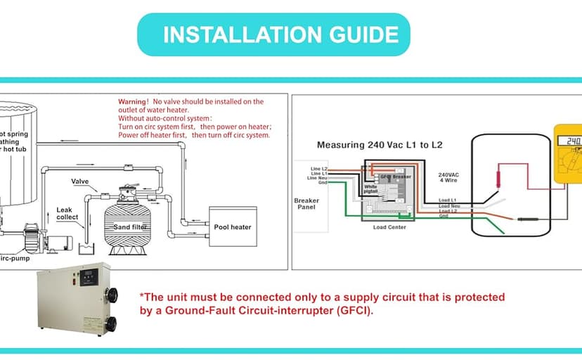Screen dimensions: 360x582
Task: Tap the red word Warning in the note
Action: coord(133,102)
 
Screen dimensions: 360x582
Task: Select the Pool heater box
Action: coord(232,227)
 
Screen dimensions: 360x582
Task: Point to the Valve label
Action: coord(80,181)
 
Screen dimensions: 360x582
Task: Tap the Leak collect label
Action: coord(68,213)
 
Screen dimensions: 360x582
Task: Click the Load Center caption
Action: coord(389,227)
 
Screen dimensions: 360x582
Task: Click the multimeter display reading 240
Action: coord(572,141)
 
